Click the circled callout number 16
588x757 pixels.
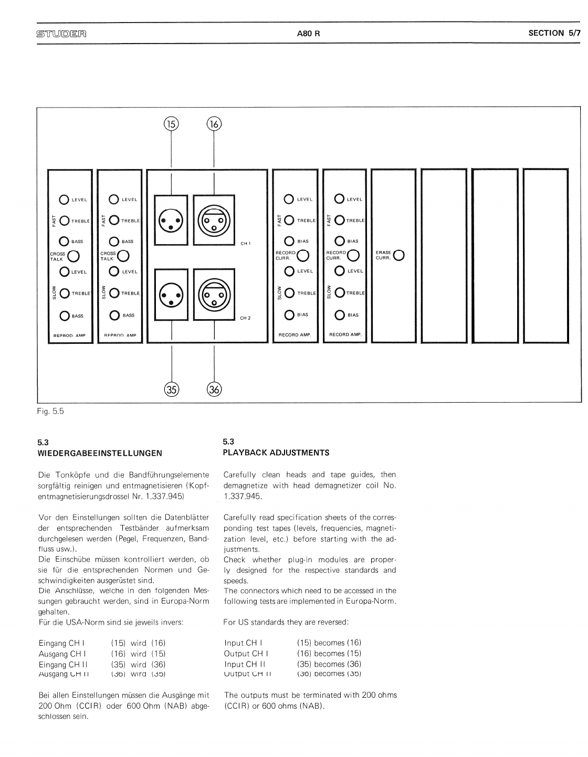click(x=214, y=124)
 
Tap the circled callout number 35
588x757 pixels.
click(x=172, y=390)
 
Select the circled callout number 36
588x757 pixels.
click(x=214, y=390)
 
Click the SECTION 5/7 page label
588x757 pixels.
click(x=554, y=33)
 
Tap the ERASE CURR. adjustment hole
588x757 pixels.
click(x=398, y=255)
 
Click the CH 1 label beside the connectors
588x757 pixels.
click(x=246, y=244)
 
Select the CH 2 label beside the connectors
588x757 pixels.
click(x=246, y=318)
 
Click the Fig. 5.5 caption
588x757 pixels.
click(x=51, y=412)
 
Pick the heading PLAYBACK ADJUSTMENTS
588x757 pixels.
click(x=276, y=453)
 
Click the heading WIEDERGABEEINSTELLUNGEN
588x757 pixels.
click(x=100, y=453)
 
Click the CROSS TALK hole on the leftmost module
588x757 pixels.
click(x=73, y=256)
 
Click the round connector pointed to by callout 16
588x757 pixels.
click(x=214, y=220)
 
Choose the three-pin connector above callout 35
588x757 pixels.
click(x=171, y=295)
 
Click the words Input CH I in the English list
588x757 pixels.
click(x=244, y=643)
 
